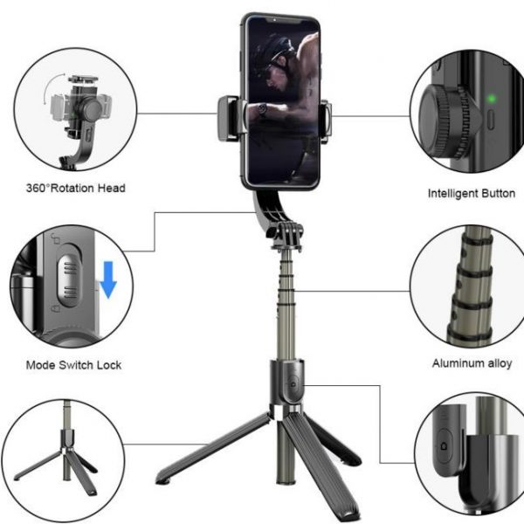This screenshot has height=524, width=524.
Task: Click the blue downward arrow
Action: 108,279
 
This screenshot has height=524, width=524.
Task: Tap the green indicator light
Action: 491,99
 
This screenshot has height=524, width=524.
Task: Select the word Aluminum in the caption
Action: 454,363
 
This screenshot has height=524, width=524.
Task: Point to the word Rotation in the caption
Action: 72,188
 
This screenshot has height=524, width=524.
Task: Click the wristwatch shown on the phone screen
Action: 262,108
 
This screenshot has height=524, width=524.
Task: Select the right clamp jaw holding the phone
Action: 325,121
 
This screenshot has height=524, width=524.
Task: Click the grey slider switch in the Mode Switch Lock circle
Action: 68,276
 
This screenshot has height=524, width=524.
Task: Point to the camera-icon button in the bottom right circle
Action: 444,446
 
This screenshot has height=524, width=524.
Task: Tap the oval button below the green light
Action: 490,120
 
